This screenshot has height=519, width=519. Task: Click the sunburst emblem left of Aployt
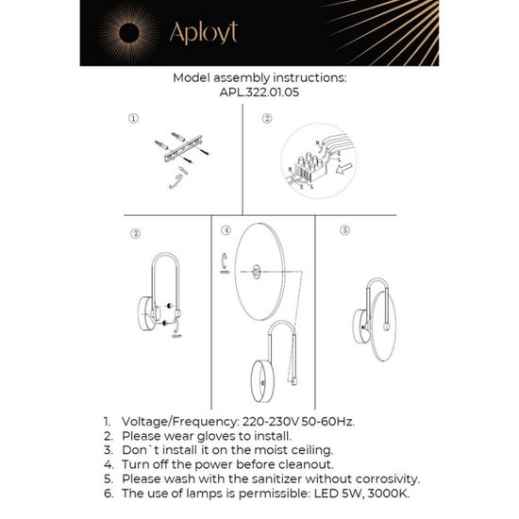[126, 34]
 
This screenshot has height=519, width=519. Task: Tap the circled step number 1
[134, 120]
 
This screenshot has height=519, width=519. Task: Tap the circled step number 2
[267, 120]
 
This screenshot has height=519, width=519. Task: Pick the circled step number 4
[226, 230]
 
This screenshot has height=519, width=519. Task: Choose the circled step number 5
[344, 229]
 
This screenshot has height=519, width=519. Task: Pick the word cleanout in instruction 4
[302, 466]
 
